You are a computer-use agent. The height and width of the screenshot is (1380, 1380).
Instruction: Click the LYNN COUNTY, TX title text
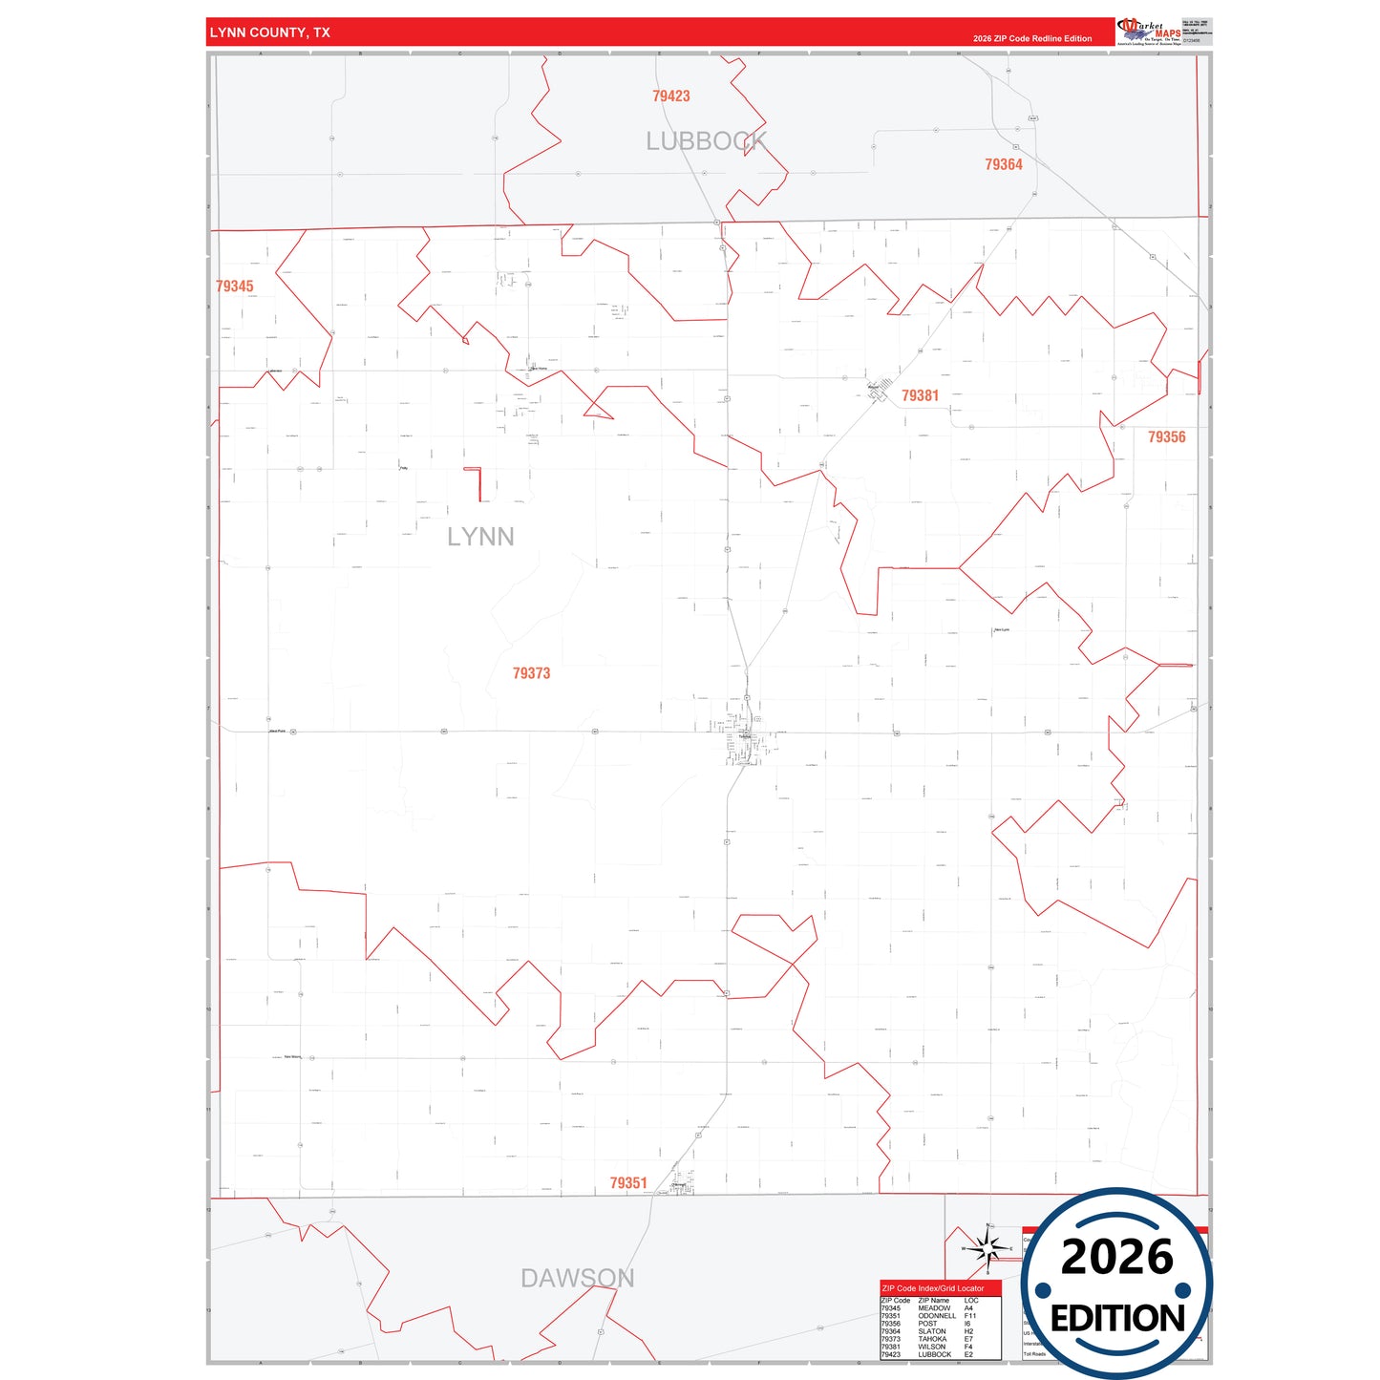tap(269, 32)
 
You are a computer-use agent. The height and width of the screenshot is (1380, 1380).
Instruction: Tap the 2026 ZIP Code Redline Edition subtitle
tap(1032, 39)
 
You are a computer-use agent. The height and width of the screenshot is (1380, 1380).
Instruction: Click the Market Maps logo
tap(1150, 32)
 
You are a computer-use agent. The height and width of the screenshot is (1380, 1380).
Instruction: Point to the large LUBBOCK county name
tap(707, 141)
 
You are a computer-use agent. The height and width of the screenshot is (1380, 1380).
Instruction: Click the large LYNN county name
tap(480, 537)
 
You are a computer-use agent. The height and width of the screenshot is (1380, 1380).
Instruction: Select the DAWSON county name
tap(577, 1278)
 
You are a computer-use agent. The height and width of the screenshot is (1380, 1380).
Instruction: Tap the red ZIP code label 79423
tap(671, 96)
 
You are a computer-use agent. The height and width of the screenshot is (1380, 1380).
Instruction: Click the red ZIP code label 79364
tap(1004, 164)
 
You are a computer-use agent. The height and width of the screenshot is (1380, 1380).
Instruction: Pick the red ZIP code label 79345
tap(235, 287)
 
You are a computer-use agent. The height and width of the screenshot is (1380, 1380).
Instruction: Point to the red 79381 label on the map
tap(921, 395)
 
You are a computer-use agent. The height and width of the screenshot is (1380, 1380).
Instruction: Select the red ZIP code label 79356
tap(1166, 437)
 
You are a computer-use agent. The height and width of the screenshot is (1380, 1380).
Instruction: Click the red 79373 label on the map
tap(531, 673)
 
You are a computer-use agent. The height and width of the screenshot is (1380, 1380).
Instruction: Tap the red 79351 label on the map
tap(628, 1183)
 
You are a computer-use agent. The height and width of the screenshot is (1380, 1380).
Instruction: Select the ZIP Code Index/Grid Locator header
tap(933, 1288)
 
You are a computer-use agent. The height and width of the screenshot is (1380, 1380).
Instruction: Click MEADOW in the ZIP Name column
tap(934, 1308)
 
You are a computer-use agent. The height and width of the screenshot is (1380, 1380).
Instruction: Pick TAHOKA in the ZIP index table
tap(932, 1339)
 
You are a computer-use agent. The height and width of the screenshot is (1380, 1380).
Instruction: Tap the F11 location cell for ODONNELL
tap(969, 1316)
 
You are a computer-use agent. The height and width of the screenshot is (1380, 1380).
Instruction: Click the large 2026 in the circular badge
tap(1116, 1258)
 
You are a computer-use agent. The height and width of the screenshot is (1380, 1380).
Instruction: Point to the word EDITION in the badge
tap(1117, 1319)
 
